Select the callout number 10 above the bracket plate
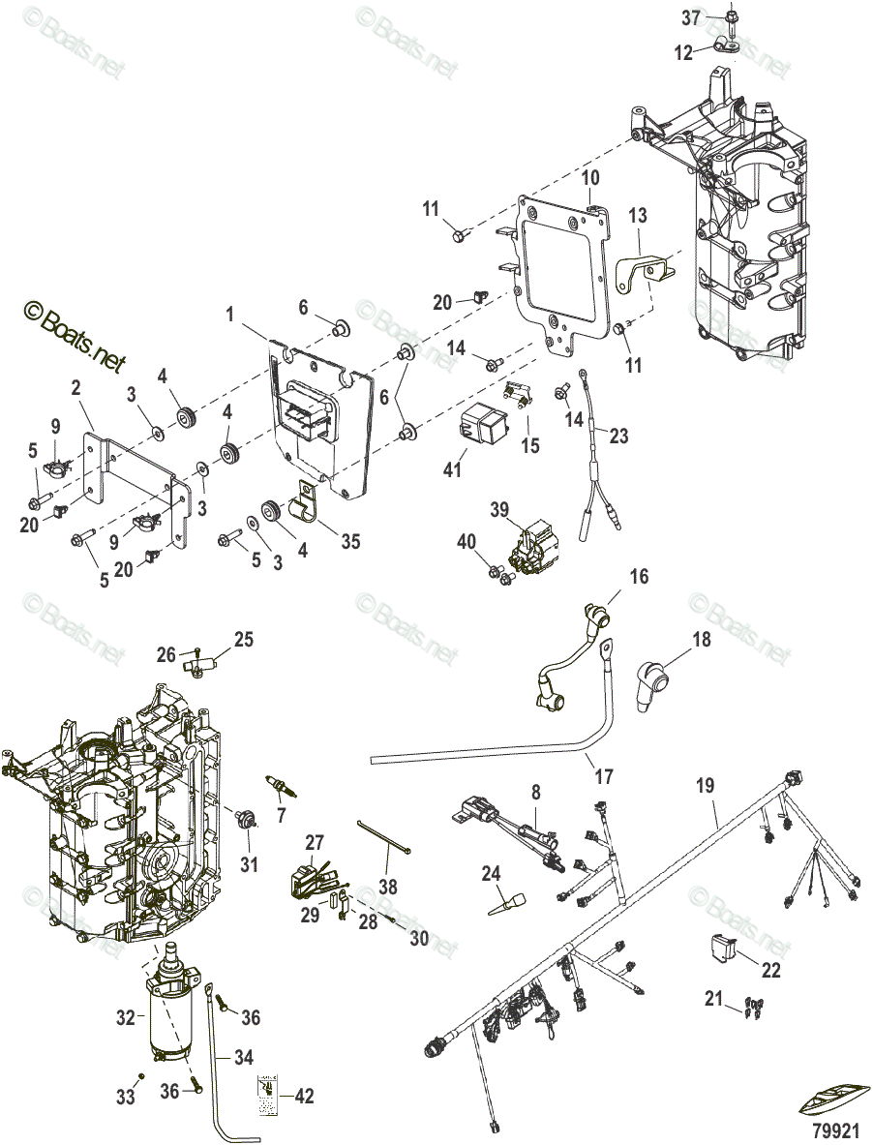tap(590, 178)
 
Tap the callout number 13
tap(640, 215)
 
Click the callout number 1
tap(231, 316)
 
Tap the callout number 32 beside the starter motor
tap(127, 1018)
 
